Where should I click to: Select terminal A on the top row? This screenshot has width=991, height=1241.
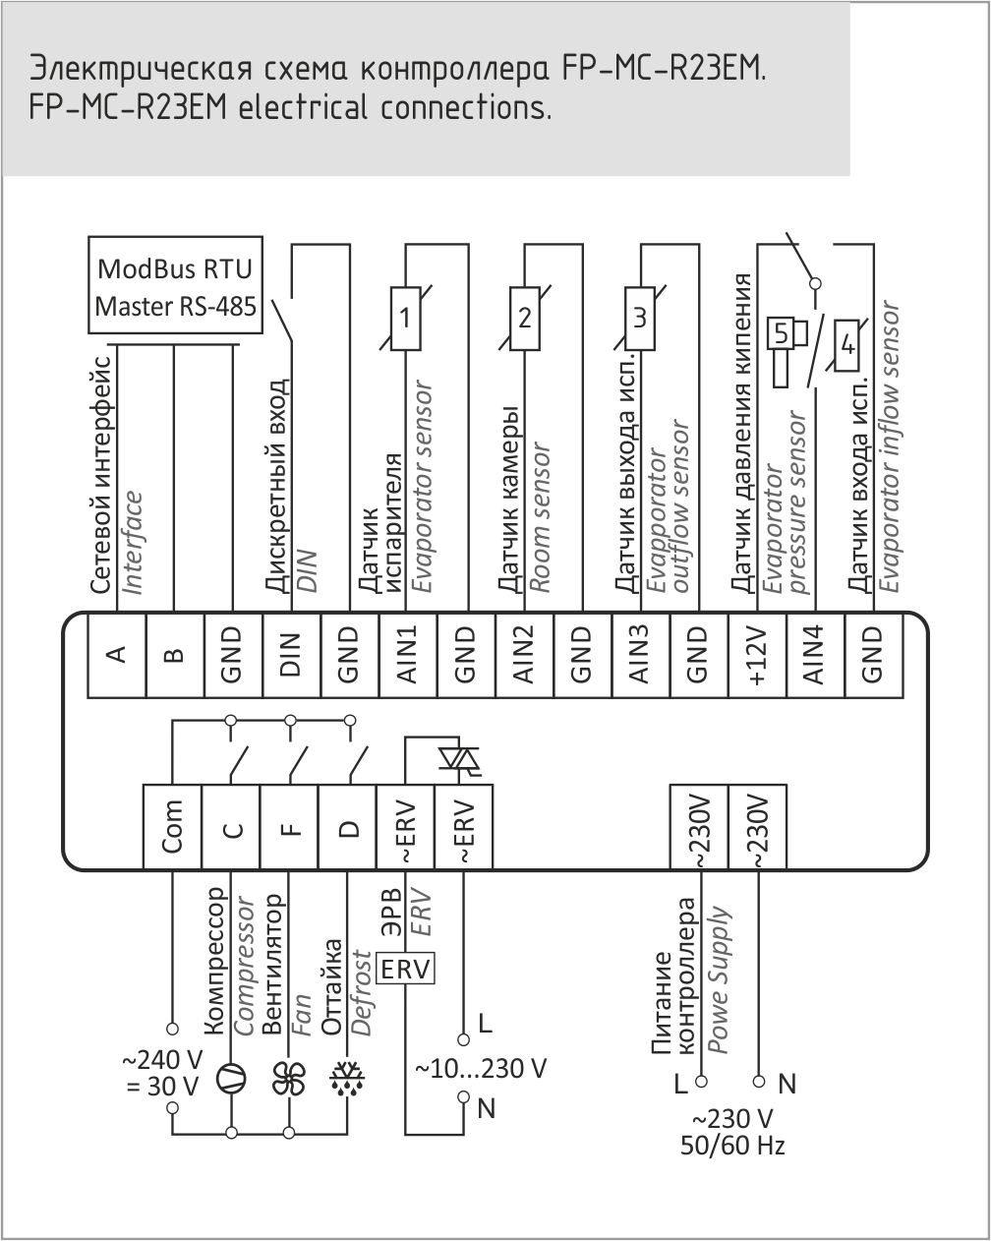click(116, 656)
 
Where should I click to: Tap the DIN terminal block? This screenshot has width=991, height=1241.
click(291, 656)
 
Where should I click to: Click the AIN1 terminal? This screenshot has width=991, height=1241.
click(407, 656)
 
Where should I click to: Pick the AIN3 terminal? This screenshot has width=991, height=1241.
click(640, 656)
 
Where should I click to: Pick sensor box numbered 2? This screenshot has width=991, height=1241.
click(524, 318)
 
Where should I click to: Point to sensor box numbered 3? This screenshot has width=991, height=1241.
click(640, 318)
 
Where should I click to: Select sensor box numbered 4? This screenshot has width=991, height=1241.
click(846, 346)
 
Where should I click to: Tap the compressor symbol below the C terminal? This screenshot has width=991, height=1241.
click(231, 1078)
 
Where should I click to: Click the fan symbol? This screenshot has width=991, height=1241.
click(289, 1078)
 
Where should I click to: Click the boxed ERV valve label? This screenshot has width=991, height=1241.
click(406, 969)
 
